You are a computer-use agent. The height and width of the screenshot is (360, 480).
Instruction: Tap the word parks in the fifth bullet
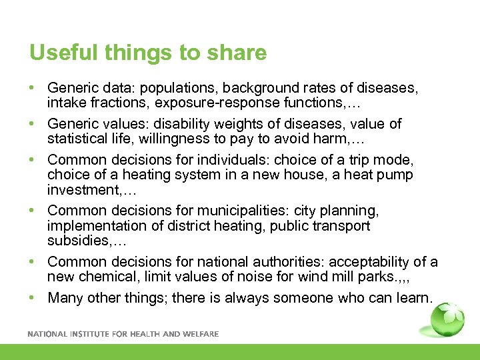(x=362, y=277)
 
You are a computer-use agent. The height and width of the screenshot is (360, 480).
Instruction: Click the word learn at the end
(x=413, y=298)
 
